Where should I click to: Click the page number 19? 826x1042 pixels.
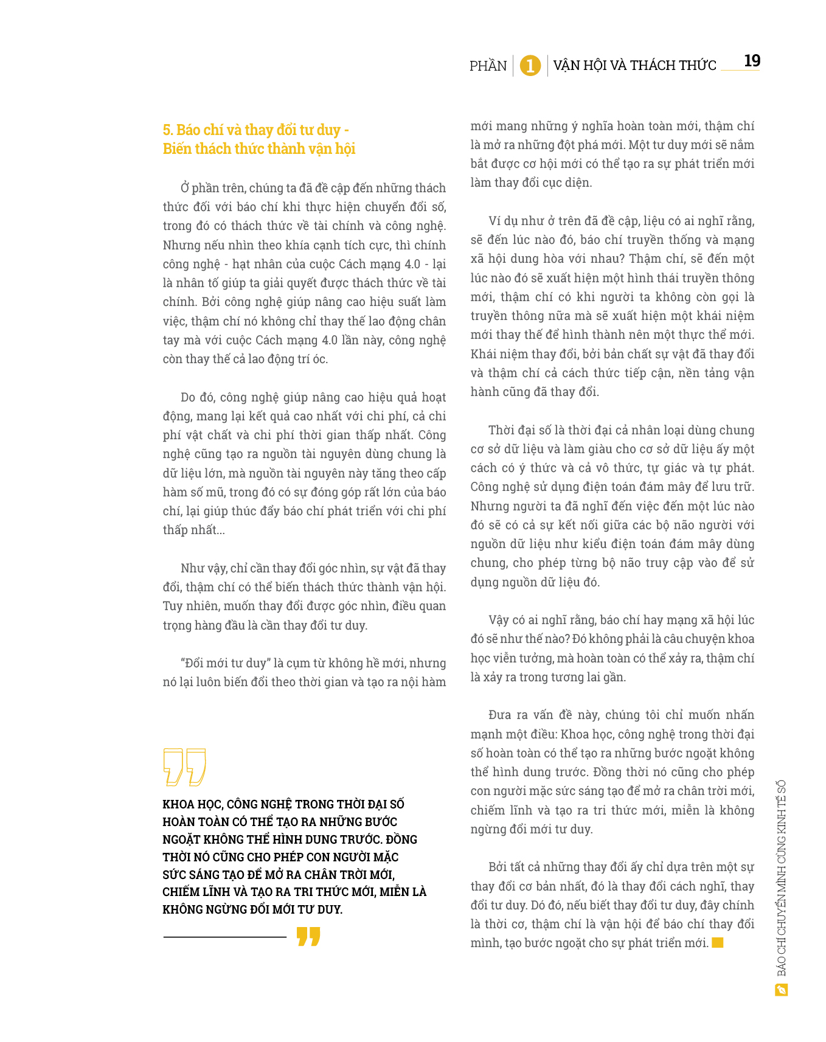[x=752, y=61]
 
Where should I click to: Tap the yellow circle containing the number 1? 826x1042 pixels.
[x=530, y=66]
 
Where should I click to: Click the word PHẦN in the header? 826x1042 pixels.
[x=488, y=66]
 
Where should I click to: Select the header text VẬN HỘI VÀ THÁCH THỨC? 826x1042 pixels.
[x=634, y=66]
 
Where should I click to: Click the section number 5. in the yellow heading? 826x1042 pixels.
[x=168, y=130]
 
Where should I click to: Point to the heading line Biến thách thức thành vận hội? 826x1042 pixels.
[x=259, y=149]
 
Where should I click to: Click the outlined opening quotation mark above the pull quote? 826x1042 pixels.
[x=184, y=766]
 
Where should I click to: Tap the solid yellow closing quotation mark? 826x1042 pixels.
[x=308, y=936]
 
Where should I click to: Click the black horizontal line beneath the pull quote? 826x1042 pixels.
[x=224, y=937]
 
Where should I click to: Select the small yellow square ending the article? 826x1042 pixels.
[x=718, y=943]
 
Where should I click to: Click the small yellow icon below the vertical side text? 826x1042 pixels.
[x=782, y=990]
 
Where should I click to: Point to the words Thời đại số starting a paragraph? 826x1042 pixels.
[x=519, y=430]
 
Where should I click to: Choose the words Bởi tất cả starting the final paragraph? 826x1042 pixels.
[x=515, y=867]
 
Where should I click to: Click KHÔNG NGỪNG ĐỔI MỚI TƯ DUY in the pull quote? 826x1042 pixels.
[x=252, y=910]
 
